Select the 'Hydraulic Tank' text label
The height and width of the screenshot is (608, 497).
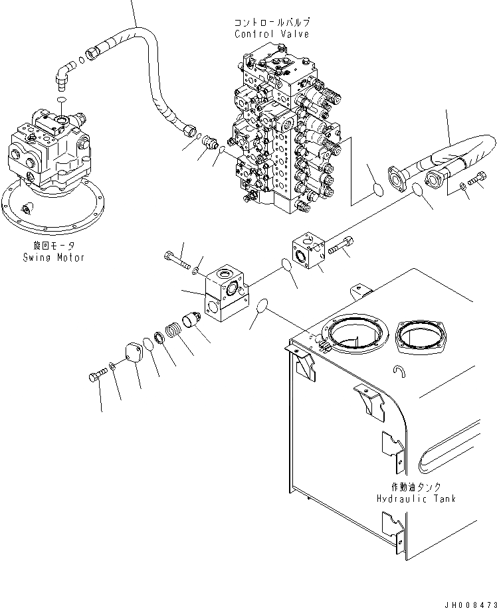(416, 498)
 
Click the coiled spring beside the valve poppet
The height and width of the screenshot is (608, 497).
(175, 331)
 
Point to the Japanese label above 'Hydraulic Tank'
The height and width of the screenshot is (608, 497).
(416, 487)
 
